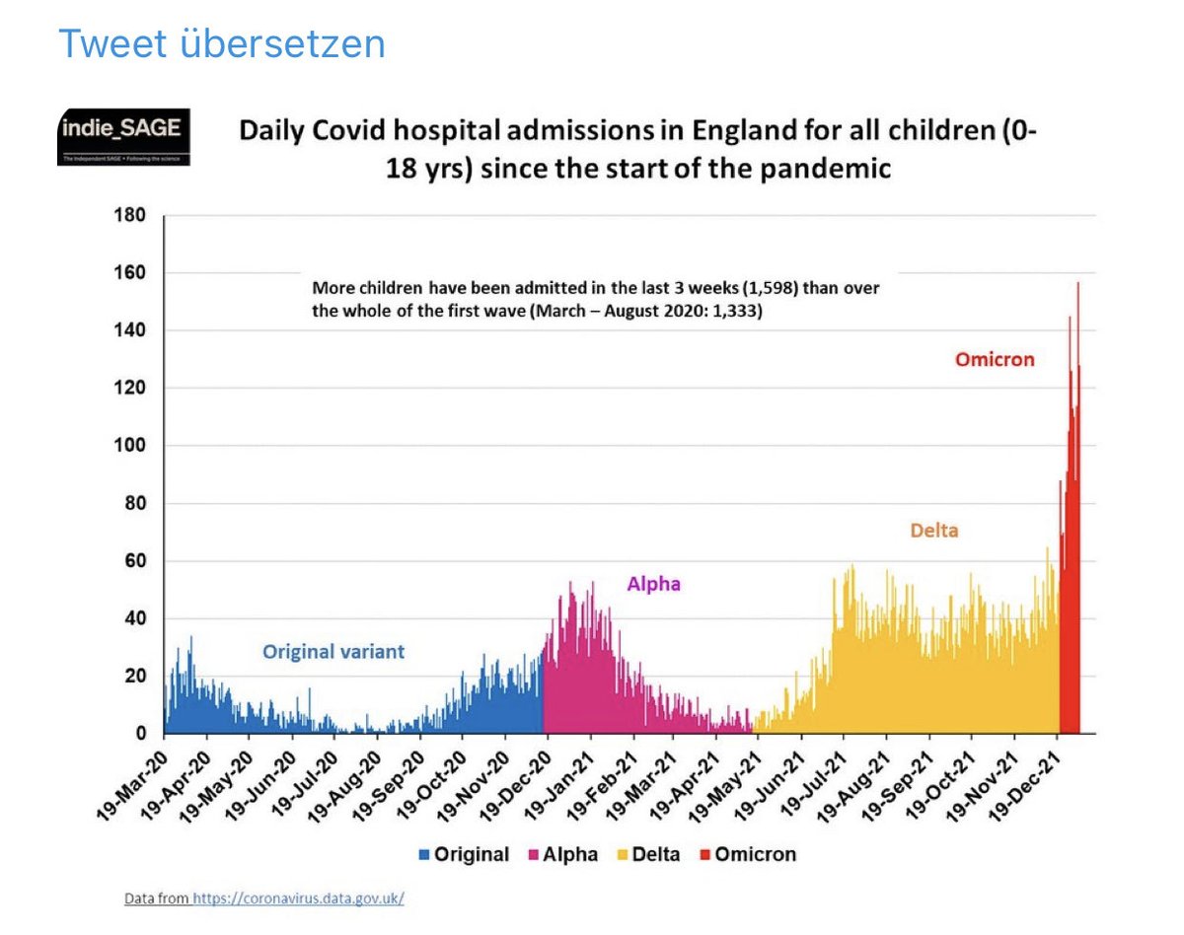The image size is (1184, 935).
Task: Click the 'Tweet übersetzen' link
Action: (x=221, y=44)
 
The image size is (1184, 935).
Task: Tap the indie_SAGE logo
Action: (x=123, y=137)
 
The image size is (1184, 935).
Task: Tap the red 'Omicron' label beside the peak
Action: (x=994, y=360)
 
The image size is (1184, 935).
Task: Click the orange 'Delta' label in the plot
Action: (x=933, y=531)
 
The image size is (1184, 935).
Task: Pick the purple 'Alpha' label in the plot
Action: (x=653, y=584)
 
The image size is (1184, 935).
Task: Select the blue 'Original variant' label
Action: (x=333, y=652)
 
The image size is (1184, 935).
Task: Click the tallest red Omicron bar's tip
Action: (x=1077, y=284)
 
